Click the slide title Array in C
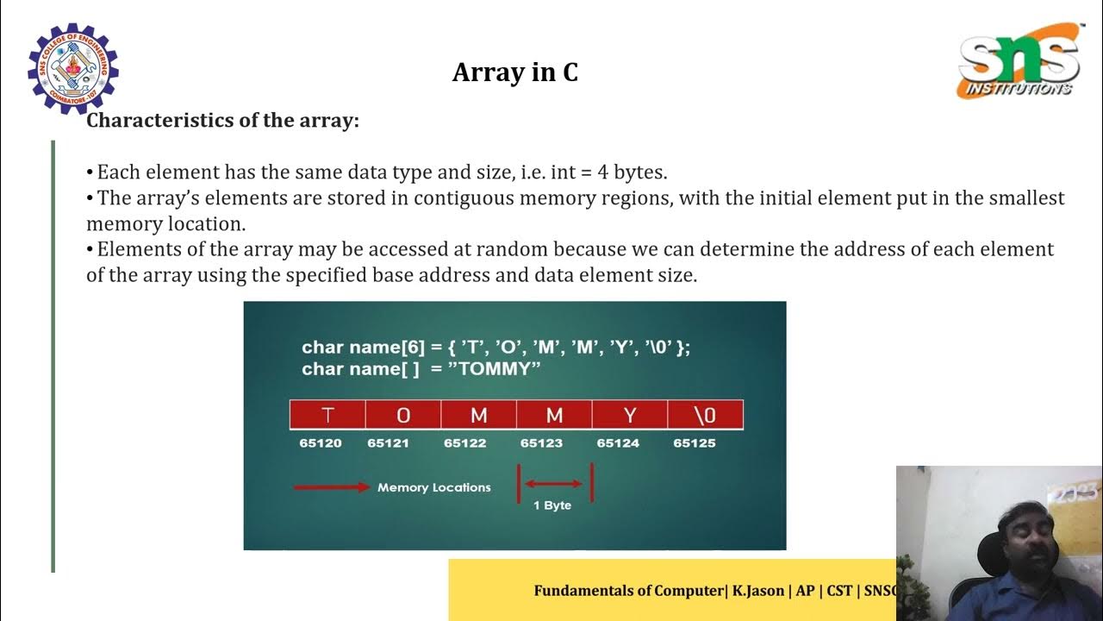coord(514,72)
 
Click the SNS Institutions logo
coord(1019,60)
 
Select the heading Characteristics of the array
coord(222,121)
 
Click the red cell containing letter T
coord(327,415)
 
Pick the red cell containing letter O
coord(403,415)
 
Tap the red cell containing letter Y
coord(630,415)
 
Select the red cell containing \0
coord(705,415)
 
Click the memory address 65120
coord(321,443)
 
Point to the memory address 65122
coord(465,443)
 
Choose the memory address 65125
coord(695,443)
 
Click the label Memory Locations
coord(433,487)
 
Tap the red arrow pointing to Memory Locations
coord(332,487)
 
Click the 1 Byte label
coord(552,505)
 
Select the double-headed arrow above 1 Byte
coord(554,484)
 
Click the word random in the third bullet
coord(520,250)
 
